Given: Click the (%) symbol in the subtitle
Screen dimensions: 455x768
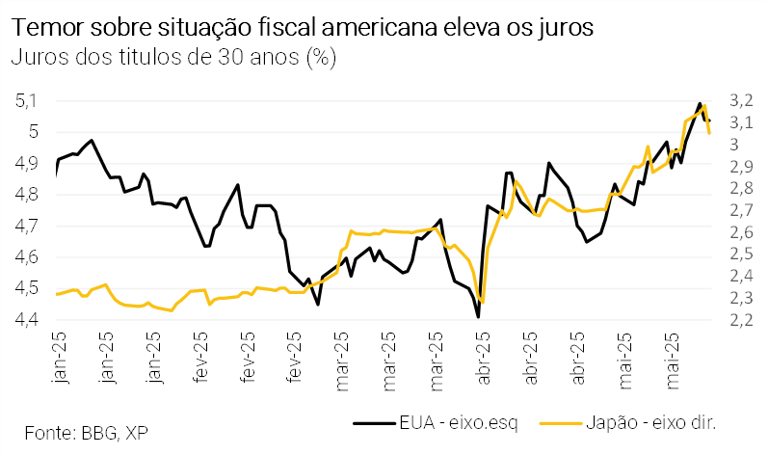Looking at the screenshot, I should click(x=320, y=57).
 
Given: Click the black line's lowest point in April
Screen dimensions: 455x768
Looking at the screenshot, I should click(x=478, y=316).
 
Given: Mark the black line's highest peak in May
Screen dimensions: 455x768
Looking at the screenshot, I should click(x=700, y=103).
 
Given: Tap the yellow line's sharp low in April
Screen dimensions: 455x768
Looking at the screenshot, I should click(x=482, y=302).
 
